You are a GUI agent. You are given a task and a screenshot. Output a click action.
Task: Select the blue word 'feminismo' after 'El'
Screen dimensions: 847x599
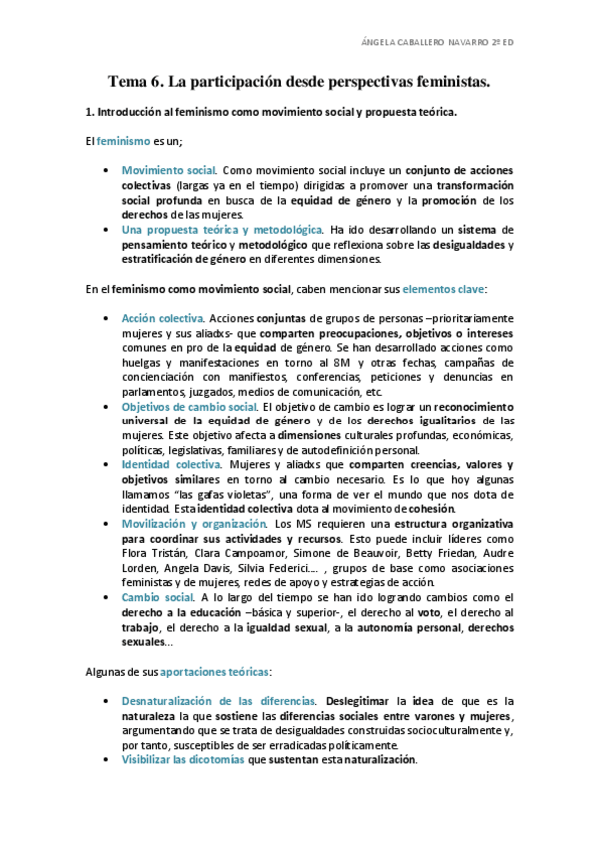pos(124,141)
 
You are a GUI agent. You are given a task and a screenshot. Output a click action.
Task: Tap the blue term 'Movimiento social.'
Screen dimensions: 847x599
pos(162,171)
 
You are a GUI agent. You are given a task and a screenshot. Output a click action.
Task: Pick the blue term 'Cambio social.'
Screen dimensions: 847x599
pos(157,597)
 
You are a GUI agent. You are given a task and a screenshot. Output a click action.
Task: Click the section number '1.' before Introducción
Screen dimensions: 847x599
pos(88,112)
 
